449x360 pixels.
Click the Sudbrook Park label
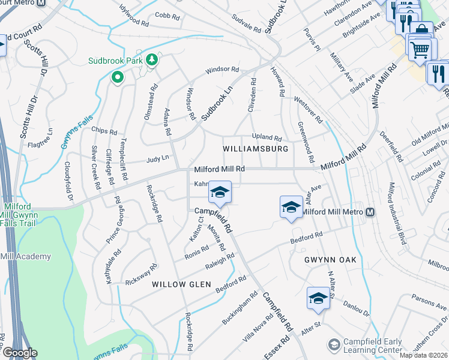point(114,61)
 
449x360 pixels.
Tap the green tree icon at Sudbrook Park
point(152,59)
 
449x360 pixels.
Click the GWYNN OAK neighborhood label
point(330,259)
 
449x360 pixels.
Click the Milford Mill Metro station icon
point(370,212)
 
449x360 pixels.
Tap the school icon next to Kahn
point(220,192)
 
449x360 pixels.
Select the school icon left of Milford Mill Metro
point(291,208)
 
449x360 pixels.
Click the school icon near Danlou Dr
point(318,298)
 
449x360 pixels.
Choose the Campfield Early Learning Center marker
point(334,344)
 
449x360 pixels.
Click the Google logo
point(19,353)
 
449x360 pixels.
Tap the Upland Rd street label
point(267,137)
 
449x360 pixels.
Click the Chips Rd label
point(104,131)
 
